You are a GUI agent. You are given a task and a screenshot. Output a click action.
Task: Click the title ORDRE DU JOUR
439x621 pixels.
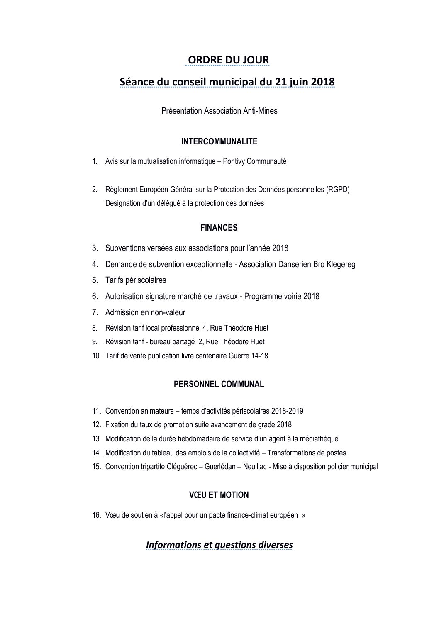point(228,60)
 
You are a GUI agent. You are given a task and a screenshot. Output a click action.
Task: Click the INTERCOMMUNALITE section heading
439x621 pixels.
point(219,141)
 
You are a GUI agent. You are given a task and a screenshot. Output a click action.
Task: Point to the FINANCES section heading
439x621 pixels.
point(219,228)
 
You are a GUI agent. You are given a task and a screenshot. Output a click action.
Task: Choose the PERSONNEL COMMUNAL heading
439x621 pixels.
point(219,384)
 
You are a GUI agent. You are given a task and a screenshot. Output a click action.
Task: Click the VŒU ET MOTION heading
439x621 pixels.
point(219,495)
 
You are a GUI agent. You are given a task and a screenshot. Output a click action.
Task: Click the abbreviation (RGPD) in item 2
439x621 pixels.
point(338,190)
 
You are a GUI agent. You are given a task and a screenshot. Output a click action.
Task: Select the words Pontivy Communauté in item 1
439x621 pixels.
point(254,161)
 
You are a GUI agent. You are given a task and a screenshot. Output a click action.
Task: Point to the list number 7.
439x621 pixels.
point(95,312)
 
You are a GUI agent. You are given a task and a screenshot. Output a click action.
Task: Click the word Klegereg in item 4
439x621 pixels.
point(341,264)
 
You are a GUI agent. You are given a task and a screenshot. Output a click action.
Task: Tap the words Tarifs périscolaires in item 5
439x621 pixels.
point(136,280)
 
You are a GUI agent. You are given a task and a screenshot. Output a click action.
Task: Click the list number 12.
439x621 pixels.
point(96,425)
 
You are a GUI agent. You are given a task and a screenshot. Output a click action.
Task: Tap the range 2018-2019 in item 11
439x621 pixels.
point(287,411)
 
